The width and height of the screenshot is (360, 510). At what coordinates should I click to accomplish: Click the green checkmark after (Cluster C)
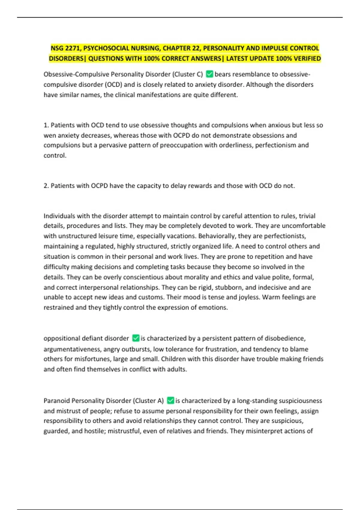pos(210,74)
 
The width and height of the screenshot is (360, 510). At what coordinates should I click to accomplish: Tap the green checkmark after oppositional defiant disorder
pos(136,338)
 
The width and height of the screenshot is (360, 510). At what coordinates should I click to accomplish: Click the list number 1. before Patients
pos(46,125)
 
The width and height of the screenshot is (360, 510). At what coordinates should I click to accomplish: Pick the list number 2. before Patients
pos(46,186)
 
